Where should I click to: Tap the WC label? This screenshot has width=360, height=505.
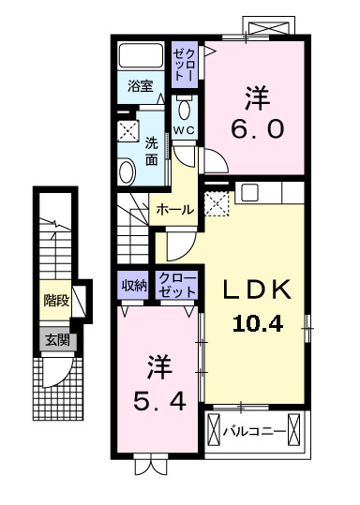point(182,130)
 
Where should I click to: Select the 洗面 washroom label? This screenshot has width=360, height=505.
point(152,152)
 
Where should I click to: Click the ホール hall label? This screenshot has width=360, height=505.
point(175,210)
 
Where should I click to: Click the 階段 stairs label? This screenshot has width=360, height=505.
point(55,302)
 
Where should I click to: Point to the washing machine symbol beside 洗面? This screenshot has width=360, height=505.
point(127,130)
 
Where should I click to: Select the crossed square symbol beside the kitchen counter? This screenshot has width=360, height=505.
point(216,202)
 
